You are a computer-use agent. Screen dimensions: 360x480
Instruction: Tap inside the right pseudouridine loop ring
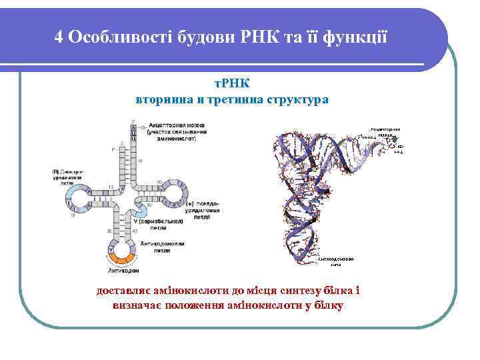click(x=174, y=194)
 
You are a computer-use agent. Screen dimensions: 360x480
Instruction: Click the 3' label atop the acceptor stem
click(x=133, y=121)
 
